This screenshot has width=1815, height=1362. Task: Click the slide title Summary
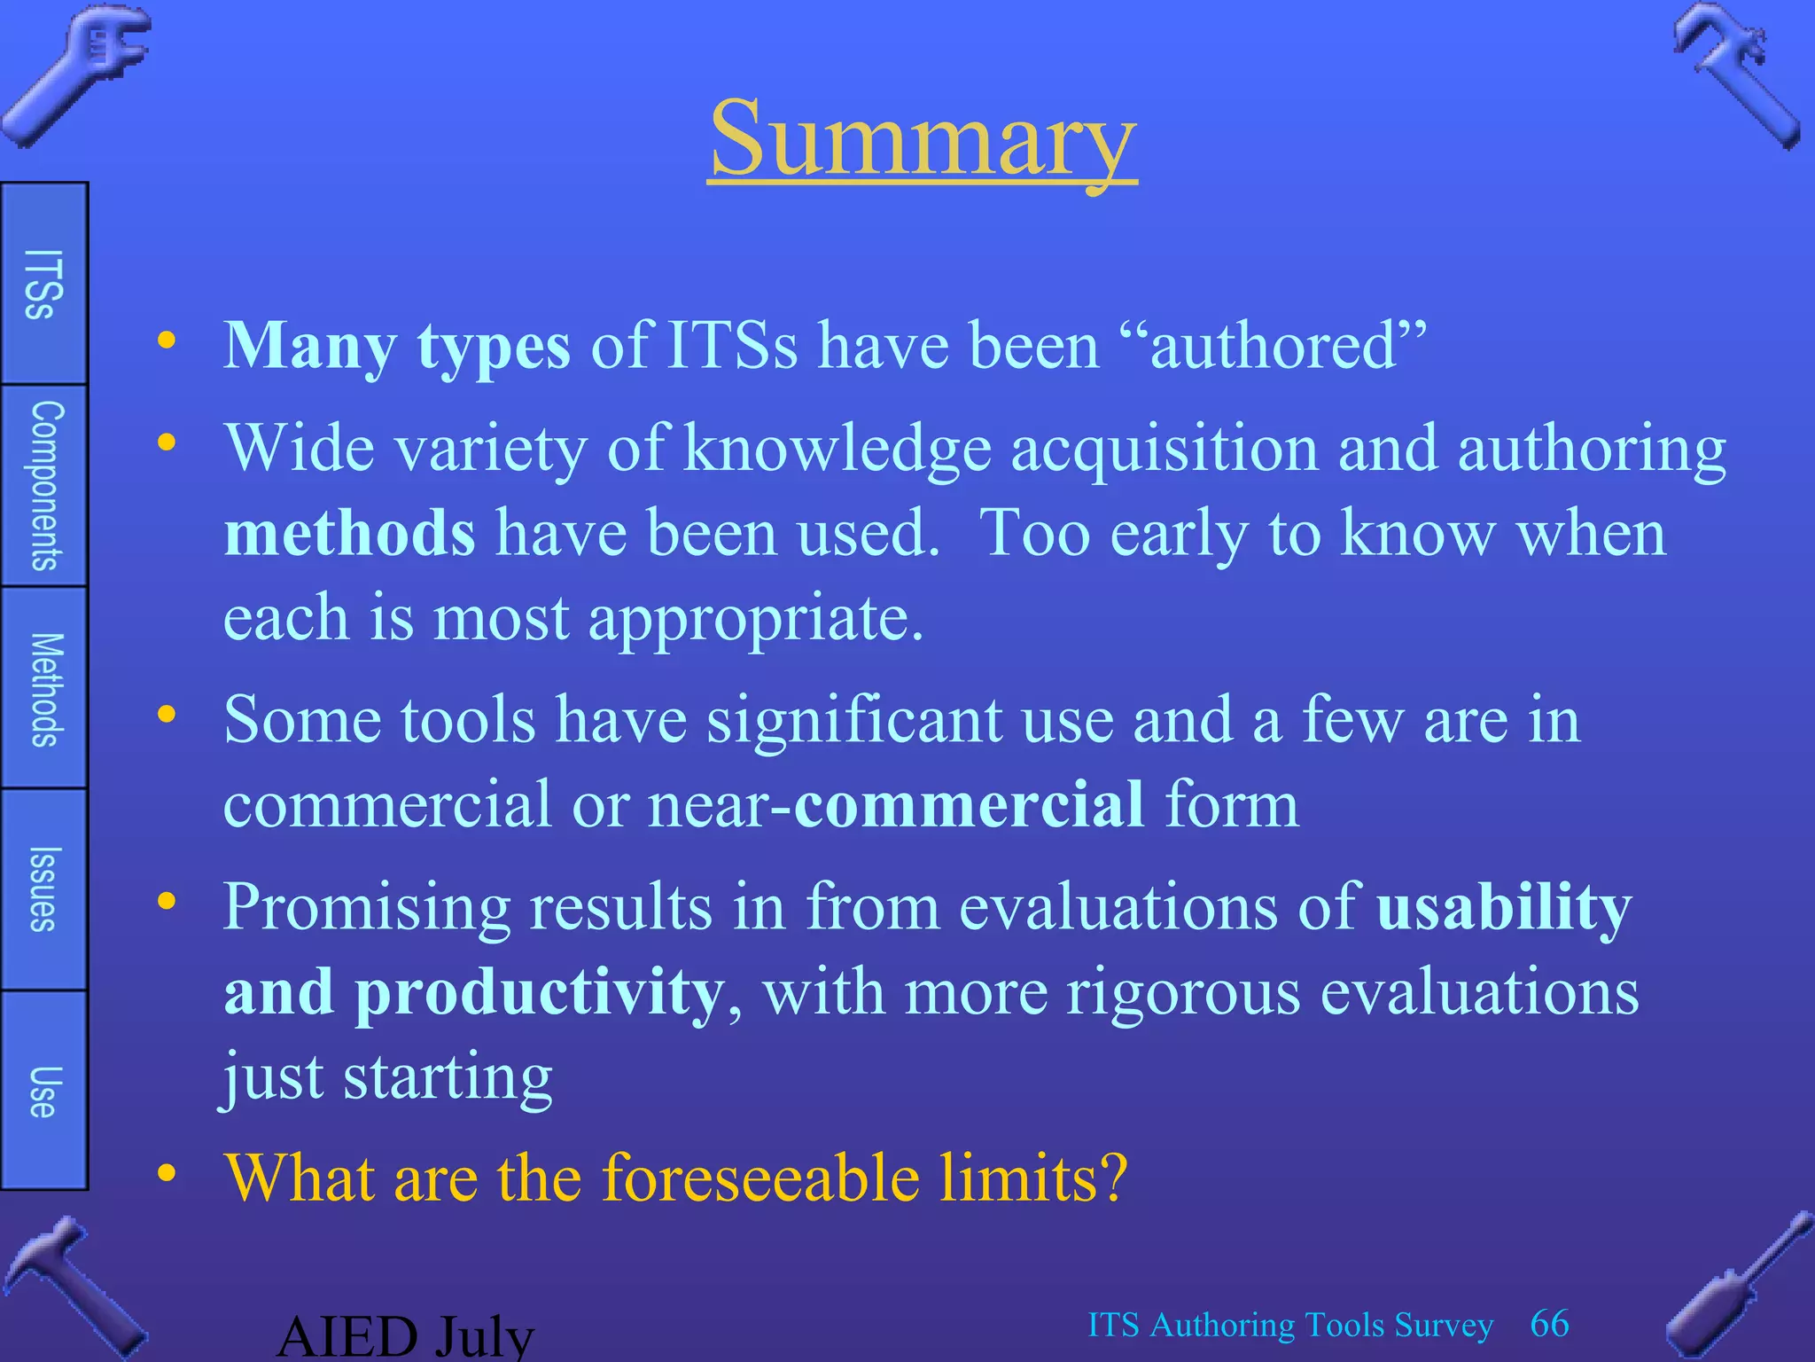tap(922, 140)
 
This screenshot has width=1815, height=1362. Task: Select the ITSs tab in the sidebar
tap(43, 284)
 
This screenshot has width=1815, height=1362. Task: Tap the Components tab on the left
tap(45, 485)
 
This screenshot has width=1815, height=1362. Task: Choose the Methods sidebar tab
tap(45, 689)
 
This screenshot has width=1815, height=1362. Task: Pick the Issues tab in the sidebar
tap(43, 889)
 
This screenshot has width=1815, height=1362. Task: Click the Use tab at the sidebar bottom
tap(43, 1091)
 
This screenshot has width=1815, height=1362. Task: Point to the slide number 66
tap(1549, 1324)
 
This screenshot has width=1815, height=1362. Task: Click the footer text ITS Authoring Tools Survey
tap(1290, 1326)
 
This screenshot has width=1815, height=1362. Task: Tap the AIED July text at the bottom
tap(406, 1336)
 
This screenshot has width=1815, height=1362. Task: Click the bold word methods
tap(349, 534)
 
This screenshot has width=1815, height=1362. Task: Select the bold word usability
tap(1504, 908)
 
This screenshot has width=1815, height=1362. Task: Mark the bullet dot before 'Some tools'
tap(167, 715)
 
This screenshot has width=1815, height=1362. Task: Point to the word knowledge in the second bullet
tap(837, 449)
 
